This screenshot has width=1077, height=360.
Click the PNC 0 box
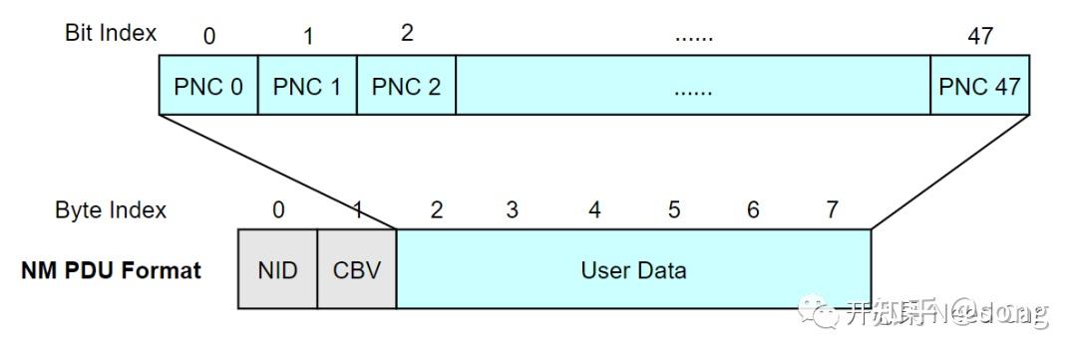pyautogui.click(x=208, y=87)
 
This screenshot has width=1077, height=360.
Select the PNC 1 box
pyautogui.click(x=307, y=87)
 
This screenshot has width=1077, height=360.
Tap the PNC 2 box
pyautogui.click(x=406, y=87)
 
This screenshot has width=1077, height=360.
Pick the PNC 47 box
pyautogui.click(x=979, y=87)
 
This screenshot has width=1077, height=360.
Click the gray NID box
pyautogui.click(x=277, y=270)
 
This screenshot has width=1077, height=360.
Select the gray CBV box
pyautogui.click(x=357, y=270)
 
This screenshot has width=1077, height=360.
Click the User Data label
pyautogui.click(x=633, y=270)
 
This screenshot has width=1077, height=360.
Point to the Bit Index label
pyautogui.click(x=111, y=33)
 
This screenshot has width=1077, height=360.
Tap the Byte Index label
pyautogui.click(x=111, y=210)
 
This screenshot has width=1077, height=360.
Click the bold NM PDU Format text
pyautogui.click(x=111, y=270)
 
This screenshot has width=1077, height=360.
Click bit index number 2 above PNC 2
pyautogui.click(x=407, y=33)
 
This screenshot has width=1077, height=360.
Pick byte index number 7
pyautogui.click(x=832, y=210)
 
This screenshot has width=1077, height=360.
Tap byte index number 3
pyautogui.click(x=512, y=210)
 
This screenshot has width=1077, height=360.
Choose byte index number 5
pyautogui.click(x=674, y=210)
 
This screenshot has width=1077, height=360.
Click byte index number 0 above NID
pyautogui.click(x=278, y=210)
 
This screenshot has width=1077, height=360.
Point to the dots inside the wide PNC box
pyautogui.click(x=692, y=89)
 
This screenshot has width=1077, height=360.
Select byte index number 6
pyautogui.click(x=753, y=210)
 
